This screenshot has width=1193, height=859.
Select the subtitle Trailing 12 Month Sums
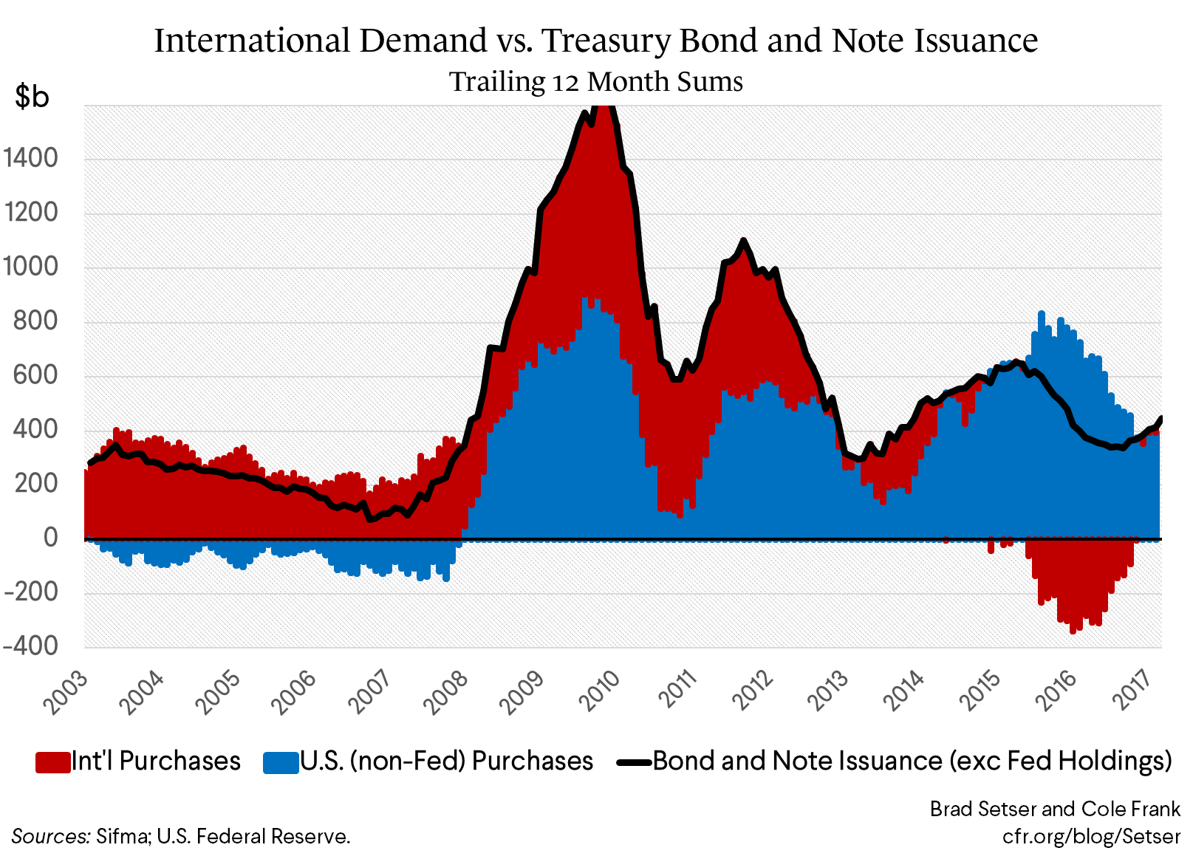click(596, 81)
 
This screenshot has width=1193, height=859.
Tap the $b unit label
click(32, 96)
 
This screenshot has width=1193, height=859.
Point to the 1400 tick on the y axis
click(30, 158)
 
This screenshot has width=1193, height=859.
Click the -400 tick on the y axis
click(30, 646)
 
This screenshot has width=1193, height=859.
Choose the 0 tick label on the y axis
click(50, 538)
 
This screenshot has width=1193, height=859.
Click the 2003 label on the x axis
click(65, 692)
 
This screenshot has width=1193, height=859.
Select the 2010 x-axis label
click(599, 692)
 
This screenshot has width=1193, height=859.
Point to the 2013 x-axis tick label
click(829, 692)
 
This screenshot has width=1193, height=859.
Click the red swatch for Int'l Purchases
click(52, 762)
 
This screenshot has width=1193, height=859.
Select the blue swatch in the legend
click(280, 762)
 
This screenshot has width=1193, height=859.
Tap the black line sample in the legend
click(634, 762)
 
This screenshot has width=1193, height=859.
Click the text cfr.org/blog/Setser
click(1090, 836)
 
